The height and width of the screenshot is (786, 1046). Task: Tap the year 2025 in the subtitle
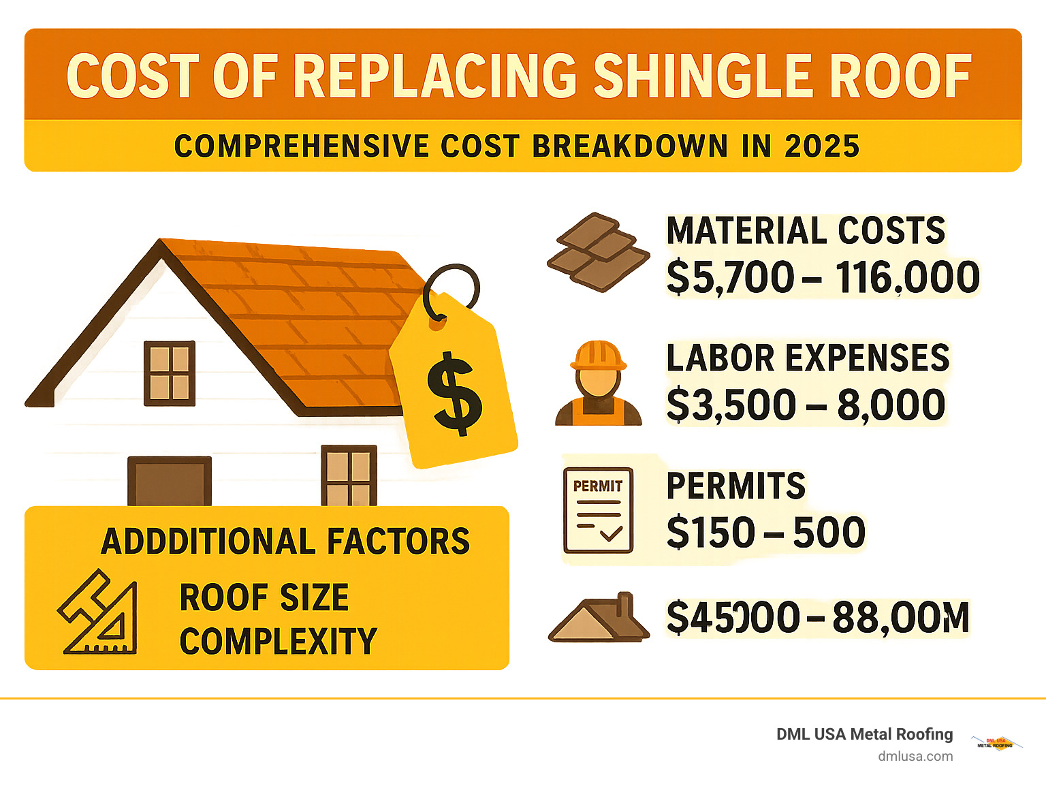point(822,146)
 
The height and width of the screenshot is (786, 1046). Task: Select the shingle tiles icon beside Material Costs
point(598,252)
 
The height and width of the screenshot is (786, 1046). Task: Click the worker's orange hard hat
point(598,356)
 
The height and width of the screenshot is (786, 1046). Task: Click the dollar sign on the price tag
point(454,394)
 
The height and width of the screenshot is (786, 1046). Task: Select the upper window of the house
point(170,373)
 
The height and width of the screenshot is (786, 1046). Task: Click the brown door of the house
point(170,481)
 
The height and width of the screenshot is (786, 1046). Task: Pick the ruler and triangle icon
point(99,613)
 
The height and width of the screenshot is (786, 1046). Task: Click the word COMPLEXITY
point(278,642)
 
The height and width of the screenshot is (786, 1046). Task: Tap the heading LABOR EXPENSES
point(808,358)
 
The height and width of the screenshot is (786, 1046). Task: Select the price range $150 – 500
point(765,533)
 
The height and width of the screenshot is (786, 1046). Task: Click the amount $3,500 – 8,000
point(806,405)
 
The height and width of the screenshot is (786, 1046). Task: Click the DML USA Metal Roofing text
point(864,734)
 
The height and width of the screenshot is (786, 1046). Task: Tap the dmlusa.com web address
point(915,756)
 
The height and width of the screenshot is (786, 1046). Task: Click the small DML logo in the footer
point(996,743)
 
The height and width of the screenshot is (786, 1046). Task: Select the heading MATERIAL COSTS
point(806,231)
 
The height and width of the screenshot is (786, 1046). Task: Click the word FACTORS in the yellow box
point(398,542)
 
